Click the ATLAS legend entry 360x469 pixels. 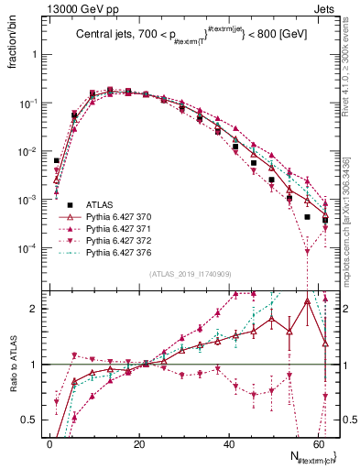99,204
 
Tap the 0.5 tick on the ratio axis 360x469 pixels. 29,420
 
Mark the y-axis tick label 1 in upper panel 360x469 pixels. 35,54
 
